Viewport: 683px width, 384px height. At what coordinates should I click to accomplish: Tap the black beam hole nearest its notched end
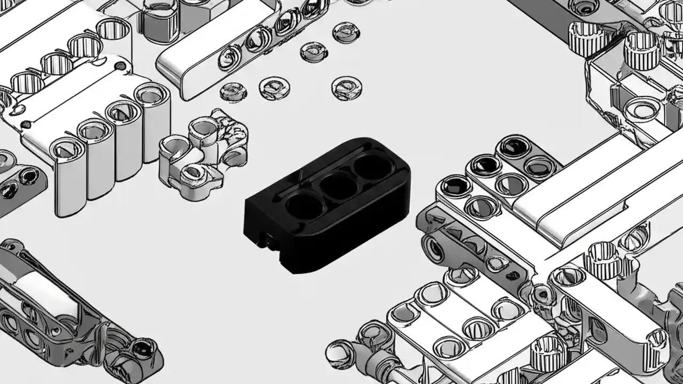point(304,206)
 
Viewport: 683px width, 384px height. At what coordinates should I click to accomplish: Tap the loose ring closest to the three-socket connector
point(233,92)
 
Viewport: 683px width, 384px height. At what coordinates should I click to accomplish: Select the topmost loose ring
point(346,32)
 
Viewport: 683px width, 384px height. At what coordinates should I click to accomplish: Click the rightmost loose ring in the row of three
point(346,87)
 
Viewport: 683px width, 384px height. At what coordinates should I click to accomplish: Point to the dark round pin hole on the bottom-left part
point(142,349)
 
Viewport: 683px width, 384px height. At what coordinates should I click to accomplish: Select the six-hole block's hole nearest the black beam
point(456,186)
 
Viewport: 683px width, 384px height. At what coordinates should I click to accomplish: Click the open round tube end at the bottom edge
point(337,353)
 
